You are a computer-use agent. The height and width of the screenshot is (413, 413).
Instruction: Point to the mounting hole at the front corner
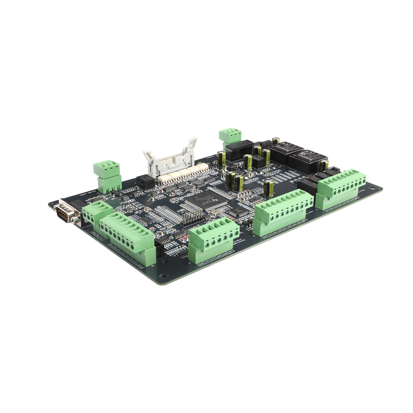tap(163, 276)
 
